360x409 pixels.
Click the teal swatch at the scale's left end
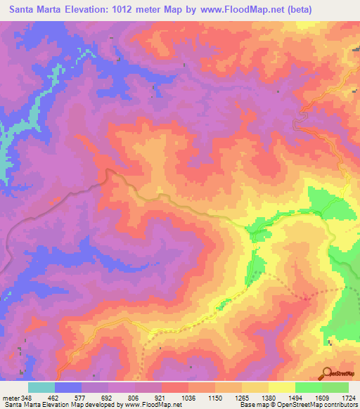(41, 387)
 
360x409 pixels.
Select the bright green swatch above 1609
(309, 387)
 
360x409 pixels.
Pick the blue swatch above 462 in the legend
(68, 387)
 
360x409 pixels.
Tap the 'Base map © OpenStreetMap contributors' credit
(297, 405)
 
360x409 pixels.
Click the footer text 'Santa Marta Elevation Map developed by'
(60, 405)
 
